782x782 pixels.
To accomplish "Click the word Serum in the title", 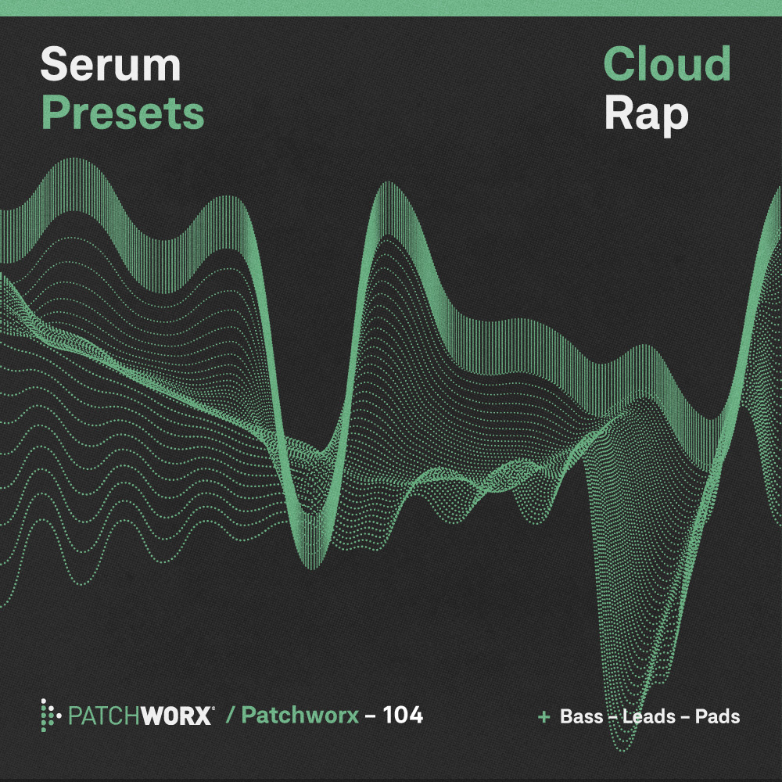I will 110,65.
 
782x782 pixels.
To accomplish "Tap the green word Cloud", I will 667,65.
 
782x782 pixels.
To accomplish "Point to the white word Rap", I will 646,113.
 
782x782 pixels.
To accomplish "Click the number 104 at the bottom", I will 403,715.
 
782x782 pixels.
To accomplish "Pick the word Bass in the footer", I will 582,716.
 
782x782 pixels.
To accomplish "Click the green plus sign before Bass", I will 544,716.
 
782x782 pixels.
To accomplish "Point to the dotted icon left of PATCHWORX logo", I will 50,715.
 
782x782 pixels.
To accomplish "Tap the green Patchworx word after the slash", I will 300,716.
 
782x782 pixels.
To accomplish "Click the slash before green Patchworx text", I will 231,716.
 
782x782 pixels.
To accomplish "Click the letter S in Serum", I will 56,65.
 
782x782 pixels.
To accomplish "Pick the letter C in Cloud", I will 619,65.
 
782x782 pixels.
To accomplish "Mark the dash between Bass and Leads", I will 613,717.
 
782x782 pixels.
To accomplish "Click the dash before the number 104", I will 371,716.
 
